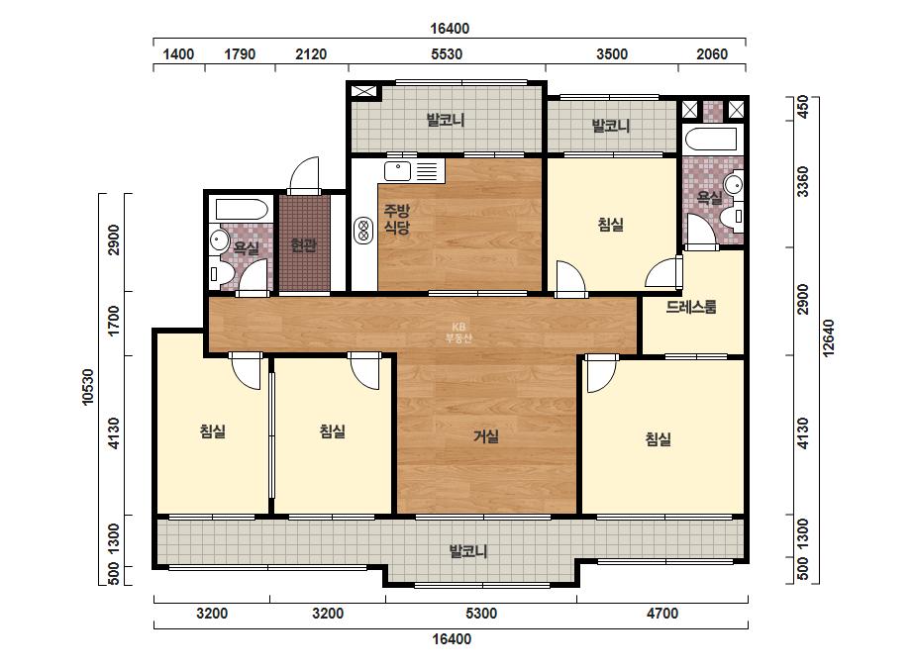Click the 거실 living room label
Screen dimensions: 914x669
pyautogui.click(x=485, y=435)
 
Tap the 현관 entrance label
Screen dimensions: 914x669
pyautogui.click(x=304, y=244)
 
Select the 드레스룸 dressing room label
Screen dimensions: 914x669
pyautogui.click(x=691, y=307)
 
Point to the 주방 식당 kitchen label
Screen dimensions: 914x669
pyautogui.click(x=396, y=219)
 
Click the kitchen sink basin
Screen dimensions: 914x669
pyautogui.click(x=397, y=171)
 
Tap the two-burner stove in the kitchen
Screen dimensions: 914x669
pyautogui.click(x=363, y=231)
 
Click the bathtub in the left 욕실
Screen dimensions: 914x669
pyautogui.click(x=242, y=209)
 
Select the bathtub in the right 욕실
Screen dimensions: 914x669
pyautogui.click(x=712, y=140)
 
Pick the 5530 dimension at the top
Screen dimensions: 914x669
pyautogui.click(x=447, y=54)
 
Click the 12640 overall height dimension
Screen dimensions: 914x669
pyautogui.click(x=828, y=337)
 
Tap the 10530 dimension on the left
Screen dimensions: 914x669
pyautogui.click(x=87, y=387)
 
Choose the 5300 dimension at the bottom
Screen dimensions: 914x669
pyautogui.click(x=481, y=613)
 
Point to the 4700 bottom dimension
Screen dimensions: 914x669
pyautogui.click(x=662, y=613)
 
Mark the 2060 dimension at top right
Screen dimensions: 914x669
pyautogui.click(x=712, y=54)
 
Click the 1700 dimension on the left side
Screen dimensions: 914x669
pyautogui.click(x=114, y=320)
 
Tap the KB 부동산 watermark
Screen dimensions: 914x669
pyautogui.click(x=458, y=333)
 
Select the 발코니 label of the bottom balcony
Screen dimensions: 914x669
pyautogui.click(x=468, y=550)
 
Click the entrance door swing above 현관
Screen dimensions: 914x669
pyautogui.click(x=304, y=173)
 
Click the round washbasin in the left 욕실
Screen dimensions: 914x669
pyautogui.click(x=220, y=239)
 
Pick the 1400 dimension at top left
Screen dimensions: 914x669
pyautogui.click(x=178, y=54)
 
